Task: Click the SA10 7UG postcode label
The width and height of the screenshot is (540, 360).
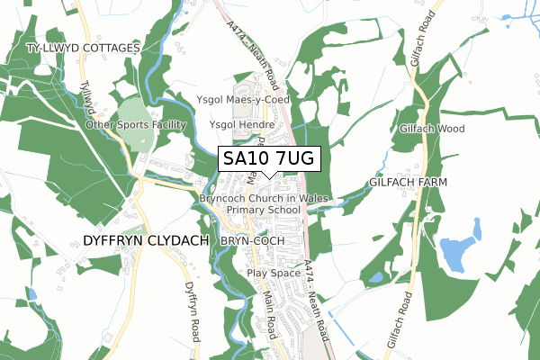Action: (x=268, y=159)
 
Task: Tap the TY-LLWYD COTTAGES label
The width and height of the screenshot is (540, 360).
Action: (x=85, y=47)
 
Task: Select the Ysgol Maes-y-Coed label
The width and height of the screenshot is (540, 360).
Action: (x=243, y=99)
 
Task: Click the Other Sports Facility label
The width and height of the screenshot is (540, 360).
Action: (x=135, y=124)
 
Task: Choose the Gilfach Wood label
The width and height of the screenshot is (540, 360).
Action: (x=433, y=129)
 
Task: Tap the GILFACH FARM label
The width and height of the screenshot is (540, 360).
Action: (x=409, y=182)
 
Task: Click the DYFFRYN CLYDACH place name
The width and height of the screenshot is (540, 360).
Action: (x=145, y=241)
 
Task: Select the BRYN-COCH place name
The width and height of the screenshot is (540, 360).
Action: (x=253, y=241)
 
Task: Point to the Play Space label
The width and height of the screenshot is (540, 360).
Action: (x=273, y=272)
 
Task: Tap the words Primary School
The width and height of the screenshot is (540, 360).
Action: (x=264, y=210)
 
